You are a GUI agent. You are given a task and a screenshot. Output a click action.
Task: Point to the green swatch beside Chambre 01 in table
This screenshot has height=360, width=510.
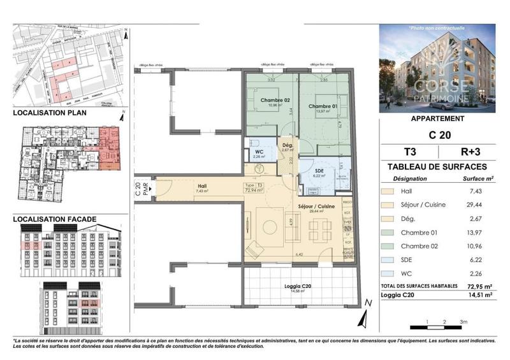[x=387, y=235]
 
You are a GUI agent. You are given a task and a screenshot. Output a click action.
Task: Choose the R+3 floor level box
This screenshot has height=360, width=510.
[x=473, y=152]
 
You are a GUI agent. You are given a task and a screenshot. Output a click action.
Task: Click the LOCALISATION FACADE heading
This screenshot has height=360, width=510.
[x=55, y=219]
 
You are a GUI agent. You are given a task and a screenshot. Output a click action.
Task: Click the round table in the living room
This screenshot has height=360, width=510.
[x=268, y=226]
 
